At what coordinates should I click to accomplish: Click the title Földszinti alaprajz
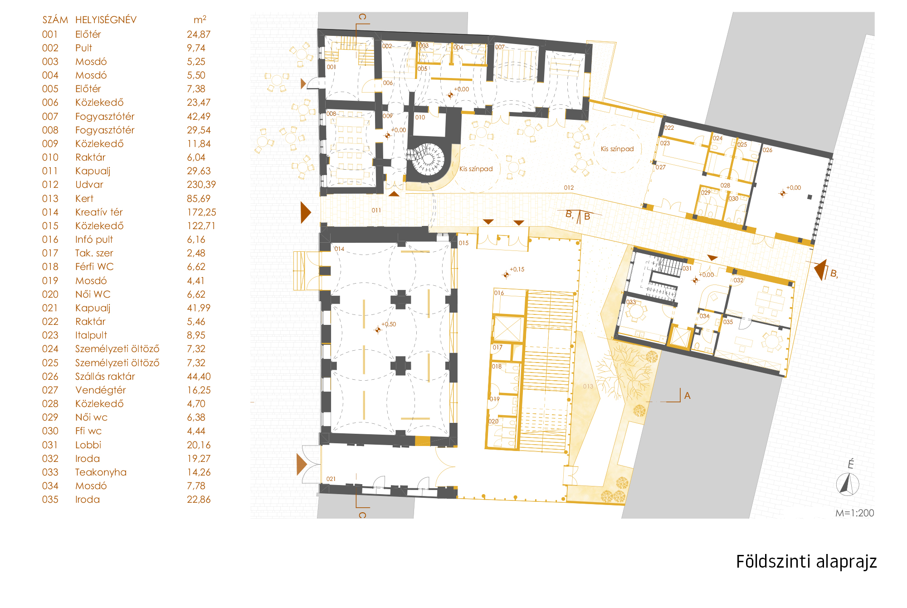click(806, 562)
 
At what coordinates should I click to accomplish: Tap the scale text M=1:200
click(854, 513)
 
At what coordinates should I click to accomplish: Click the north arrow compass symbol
click(847, 484)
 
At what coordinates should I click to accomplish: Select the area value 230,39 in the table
click(201, 185)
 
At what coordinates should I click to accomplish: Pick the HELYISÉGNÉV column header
click(106, 20)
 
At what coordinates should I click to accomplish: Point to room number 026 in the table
click(50, 376)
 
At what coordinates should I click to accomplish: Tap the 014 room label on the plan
click(339, 249)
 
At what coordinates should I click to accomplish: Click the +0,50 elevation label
click(389, 324)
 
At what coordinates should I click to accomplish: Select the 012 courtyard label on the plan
click(569, 187)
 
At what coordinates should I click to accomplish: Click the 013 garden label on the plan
click(588, 386)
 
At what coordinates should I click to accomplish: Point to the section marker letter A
click(687, 396)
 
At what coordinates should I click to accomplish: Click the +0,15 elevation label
click(517, 269)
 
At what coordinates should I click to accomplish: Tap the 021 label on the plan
click(331, 479)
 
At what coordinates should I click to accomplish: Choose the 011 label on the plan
click(376, 210)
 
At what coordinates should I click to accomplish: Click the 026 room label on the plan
click(767, 150)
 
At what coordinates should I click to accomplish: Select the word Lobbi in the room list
click(88, 445)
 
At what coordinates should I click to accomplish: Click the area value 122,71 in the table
click(201, 226)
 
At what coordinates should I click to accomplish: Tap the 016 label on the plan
click(499, 293)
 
